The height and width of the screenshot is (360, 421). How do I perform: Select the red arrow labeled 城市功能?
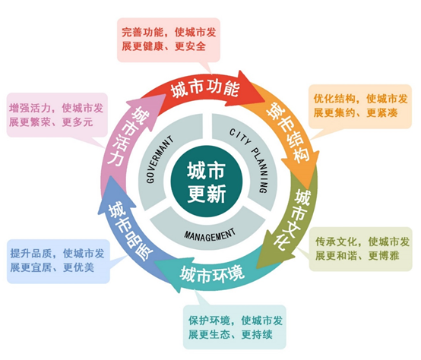205,88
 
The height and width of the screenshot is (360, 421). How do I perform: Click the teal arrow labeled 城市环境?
212,272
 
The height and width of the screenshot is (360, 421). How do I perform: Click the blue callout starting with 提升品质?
57,261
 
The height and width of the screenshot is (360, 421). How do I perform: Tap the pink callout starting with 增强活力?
57,114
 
